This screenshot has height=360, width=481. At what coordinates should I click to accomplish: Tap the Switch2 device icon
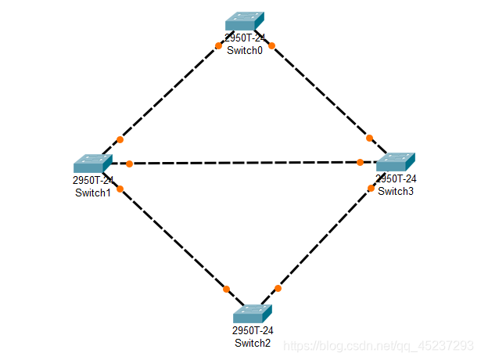coord(253,314)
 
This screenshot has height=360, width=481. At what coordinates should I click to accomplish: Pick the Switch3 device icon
coord(396,162)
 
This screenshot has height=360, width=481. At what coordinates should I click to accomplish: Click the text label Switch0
coord(245,51)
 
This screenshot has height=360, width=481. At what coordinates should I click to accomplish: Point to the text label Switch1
coord(93,193)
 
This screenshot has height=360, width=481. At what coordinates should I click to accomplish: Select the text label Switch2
coord(252,343)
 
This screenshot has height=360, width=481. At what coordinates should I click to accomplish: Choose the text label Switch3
coord(396,191)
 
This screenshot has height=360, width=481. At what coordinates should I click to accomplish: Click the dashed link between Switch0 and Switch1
coord(168,93)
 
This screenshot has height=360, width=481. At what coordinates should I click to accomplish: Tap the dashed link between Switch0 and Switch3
coord(321,92)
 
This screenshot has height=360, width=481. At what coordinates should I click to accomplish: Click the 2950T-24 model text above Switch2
coord(253,331)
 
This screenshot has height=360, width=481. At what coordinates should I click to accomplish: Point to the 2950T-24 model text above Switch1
coord(93,181)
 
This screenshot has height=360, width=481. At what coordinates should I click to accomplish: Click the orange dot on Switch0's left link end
coord(219,45)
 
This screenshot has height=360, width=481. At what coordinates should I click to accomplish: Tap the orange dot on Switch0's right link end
coord(271,45)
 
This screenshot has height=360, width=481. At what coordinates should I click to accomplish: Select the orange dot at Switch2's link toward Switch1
coord(227,289)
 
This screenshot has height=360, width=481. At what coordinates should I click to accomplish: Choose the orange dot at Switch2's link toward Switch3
coord(278,288)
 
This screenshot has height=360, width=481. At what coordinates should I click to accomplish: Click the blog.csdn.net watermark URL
coord(379,345)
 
